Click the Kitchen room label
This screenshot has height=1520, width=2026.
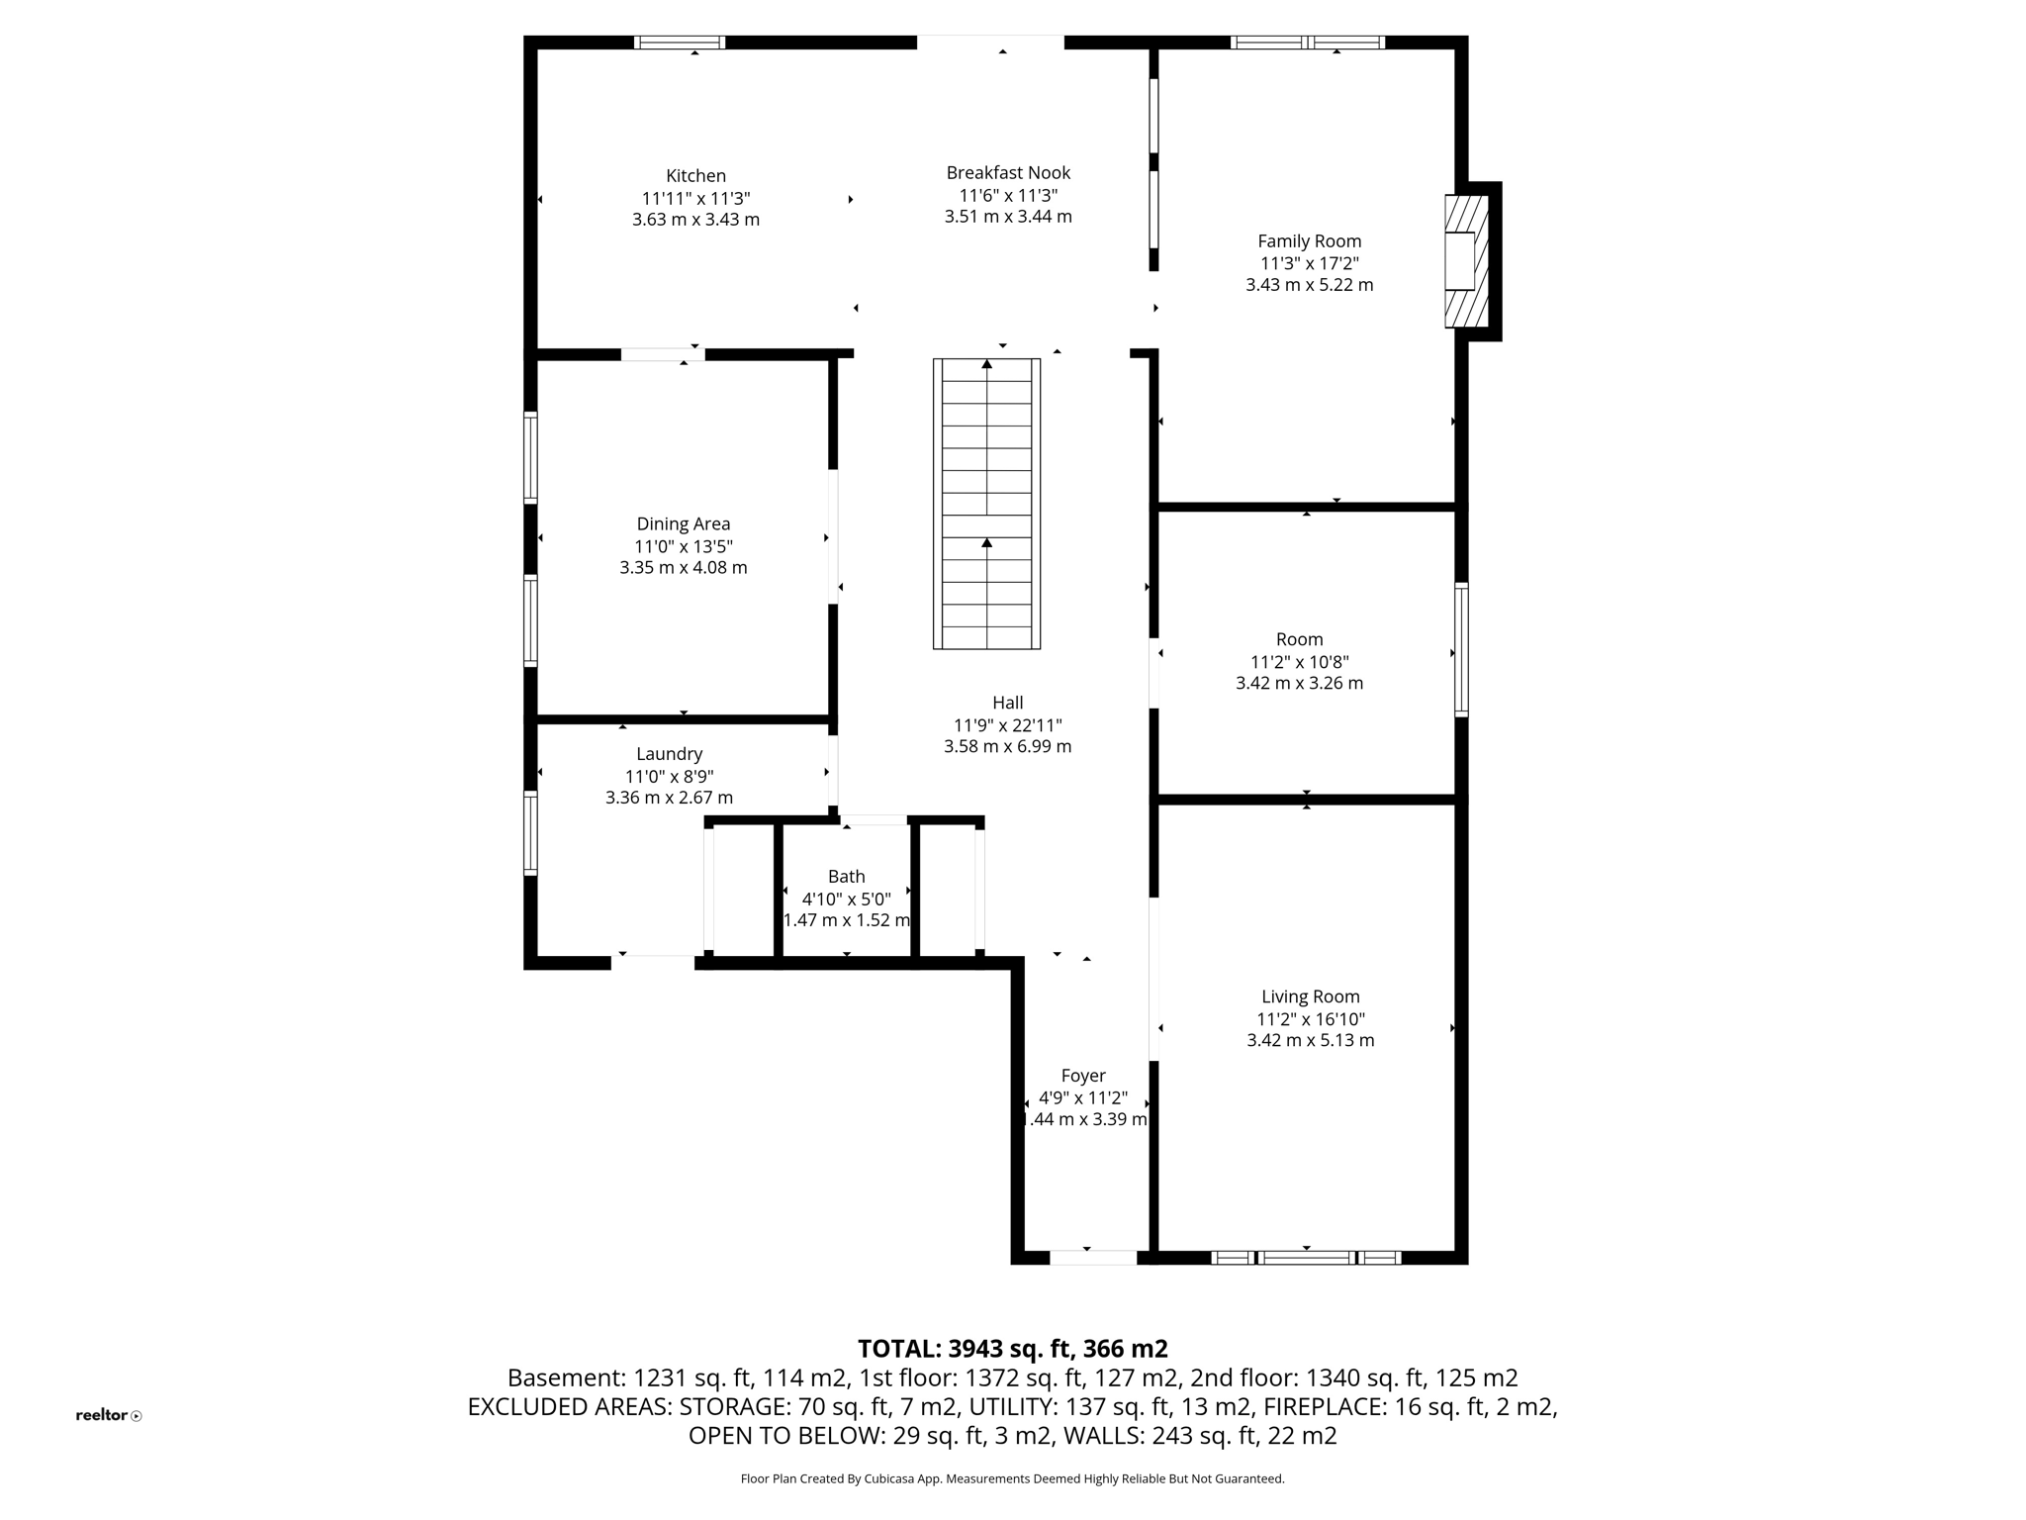click(695, 176)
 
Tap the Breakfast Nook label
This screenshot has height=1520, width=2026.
click(1008, 173)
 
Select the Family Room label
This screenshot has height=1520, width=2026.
click(1309, 241)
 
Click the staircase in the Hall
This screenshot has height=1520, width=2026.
click(986, 504)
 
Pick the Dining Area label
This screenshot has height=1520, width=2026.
click(684, 524)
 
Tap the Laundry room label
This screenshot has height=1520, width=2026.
click(670, 754)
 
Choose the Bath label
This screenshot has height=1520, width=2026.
click(846, 877)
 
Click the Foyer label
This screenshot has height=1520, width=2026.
click(1083, 1076)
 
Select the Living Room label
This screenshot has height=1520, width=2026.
click(1310, 997)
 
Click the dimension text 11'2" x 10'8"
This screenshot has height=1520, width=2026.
click(1299, 662)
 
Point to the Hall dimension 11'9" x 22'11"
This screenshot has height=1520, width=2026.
click(1007, 725)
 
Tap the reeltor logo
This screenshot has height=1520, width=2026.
click(108, 1415)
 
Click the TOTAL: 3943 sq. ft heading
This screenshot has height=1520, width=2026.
click(1012, 1349)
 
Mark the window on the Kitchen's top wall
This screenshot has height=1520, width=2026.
click(680, 43)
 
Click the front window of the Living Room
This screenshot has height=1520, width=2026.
click(1306, 1258)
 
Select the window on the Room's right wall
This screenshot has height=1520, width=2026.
click(1461, 649)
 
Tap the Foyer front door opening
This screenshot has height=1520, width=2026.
click(1092, 1258)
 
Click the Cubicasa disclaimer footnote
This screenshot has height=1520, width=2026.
click(1012, 1479)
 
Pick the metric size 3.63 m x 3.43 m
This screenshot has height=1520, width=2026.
click(695, 220)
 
